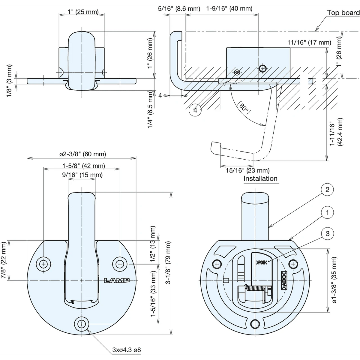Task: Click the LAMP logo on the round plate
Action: pos(117,280)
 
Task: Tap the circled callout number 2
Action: pos(327,190)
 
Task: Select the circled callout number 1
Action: pos(327,213)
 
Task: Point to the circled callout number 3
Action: pos(327,233)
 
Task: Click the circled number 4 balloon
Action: pos(195,110)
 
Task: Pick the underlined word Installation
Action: pos(260,178)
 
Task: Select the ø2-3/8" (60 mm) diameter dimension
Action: pos(82,154)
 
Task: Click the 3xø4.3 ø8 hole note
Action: pos(127,350)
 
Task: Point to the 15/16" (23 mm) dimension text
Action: pos(247,170)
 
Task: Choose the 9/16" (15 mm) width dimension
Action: pos(82,175)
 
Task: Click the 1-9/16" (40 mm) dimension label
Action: pos(229,9)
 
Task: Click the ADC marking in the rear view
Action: pos(284,280)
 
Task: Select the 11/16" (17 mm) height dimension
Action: pos(309,43)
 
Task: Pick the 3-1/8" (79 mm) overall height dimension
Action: pos(168,263)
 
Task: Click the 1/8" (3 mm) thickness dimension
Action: pos(9,81)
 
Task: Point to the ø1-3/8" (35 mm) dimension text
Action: pos(334,280)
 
